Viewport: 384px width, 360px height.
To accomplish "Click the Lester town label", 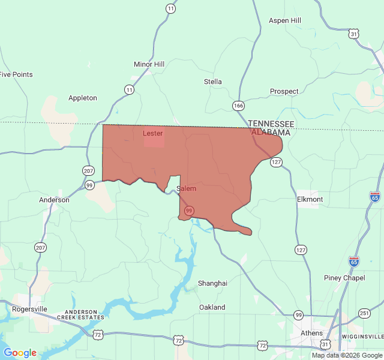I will pos(152,133).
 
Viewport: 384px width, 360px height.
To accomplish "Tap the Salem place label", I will pos(187,188).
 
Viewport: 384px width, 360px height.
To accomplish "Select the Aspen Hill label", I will pos(284,20).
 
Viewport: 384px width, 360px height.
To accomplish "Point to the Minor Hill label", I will pos(149,64).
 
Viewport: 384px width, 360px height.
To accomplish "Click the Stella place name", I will pos(212,82).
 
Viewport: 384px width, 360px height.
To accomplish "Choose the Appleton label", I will pos(83,98).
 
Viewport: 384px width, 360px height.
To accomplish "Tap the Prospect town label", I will pos(284,91).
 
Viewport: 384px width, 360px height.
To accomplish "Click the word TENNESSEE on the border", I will pos(271,123).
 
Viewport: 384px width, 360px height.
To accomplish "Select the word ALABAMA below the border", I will pos(271,131).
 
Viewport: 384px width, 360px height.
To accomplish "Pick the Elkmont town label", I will pos(310,199).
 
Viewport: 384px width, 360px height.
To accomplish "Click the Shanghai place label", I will pos(212,283).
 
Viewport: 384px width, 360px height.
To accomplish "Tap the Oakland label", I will pos(212,307).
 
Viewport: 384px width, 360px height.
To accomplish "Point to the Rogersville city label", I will pos(29,309).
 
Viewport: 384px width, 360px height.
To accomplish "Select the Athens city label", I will pos(311,333).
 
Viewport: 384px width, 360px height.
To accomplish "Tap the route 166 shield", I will pos(239,106).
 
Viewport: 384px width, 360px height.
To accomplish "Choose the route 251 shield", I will pos(364,313).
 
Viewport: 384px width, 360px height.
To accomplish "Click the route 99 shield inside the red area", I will pos(189,211).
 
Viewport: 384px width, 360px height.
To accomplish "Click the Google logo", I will pos(20,353).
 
